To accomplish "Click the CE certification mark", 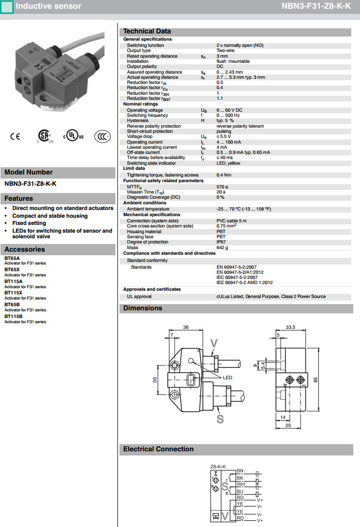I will pos(15,136).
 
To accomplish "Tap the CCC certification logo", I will pos(102,136).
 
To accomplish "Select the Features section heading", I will pos(19,198).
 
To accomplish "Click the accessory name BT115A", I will pos(13,281).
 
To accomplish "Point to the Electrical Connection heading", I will pos(158,449).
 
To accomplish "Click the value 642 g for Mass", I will pos(223,248).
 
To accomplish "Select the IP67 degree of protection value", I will pos(221,242).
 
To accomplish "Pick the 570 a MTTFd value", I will pos(222,187).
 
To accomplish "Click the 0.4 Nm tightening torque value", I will pos(224,175).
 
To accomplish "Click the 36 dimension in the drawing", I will pos(185,327).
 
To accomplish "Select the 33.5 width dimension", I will pos(290,327).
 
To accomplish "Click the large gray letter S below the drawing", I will pos(220,419).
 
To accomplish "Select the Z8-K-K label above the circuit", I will pos(218,466).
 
